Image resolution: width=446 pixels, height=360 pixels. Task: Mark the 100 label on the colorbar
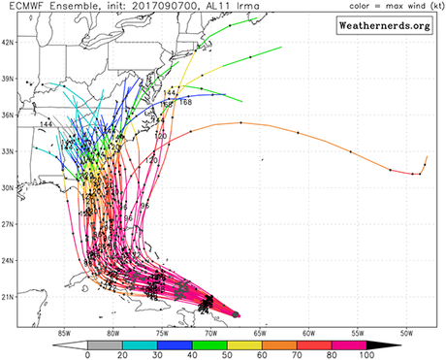coord(365,354)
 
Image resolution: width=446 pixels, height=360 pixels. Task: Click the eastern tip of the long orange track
coord(427,156)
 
